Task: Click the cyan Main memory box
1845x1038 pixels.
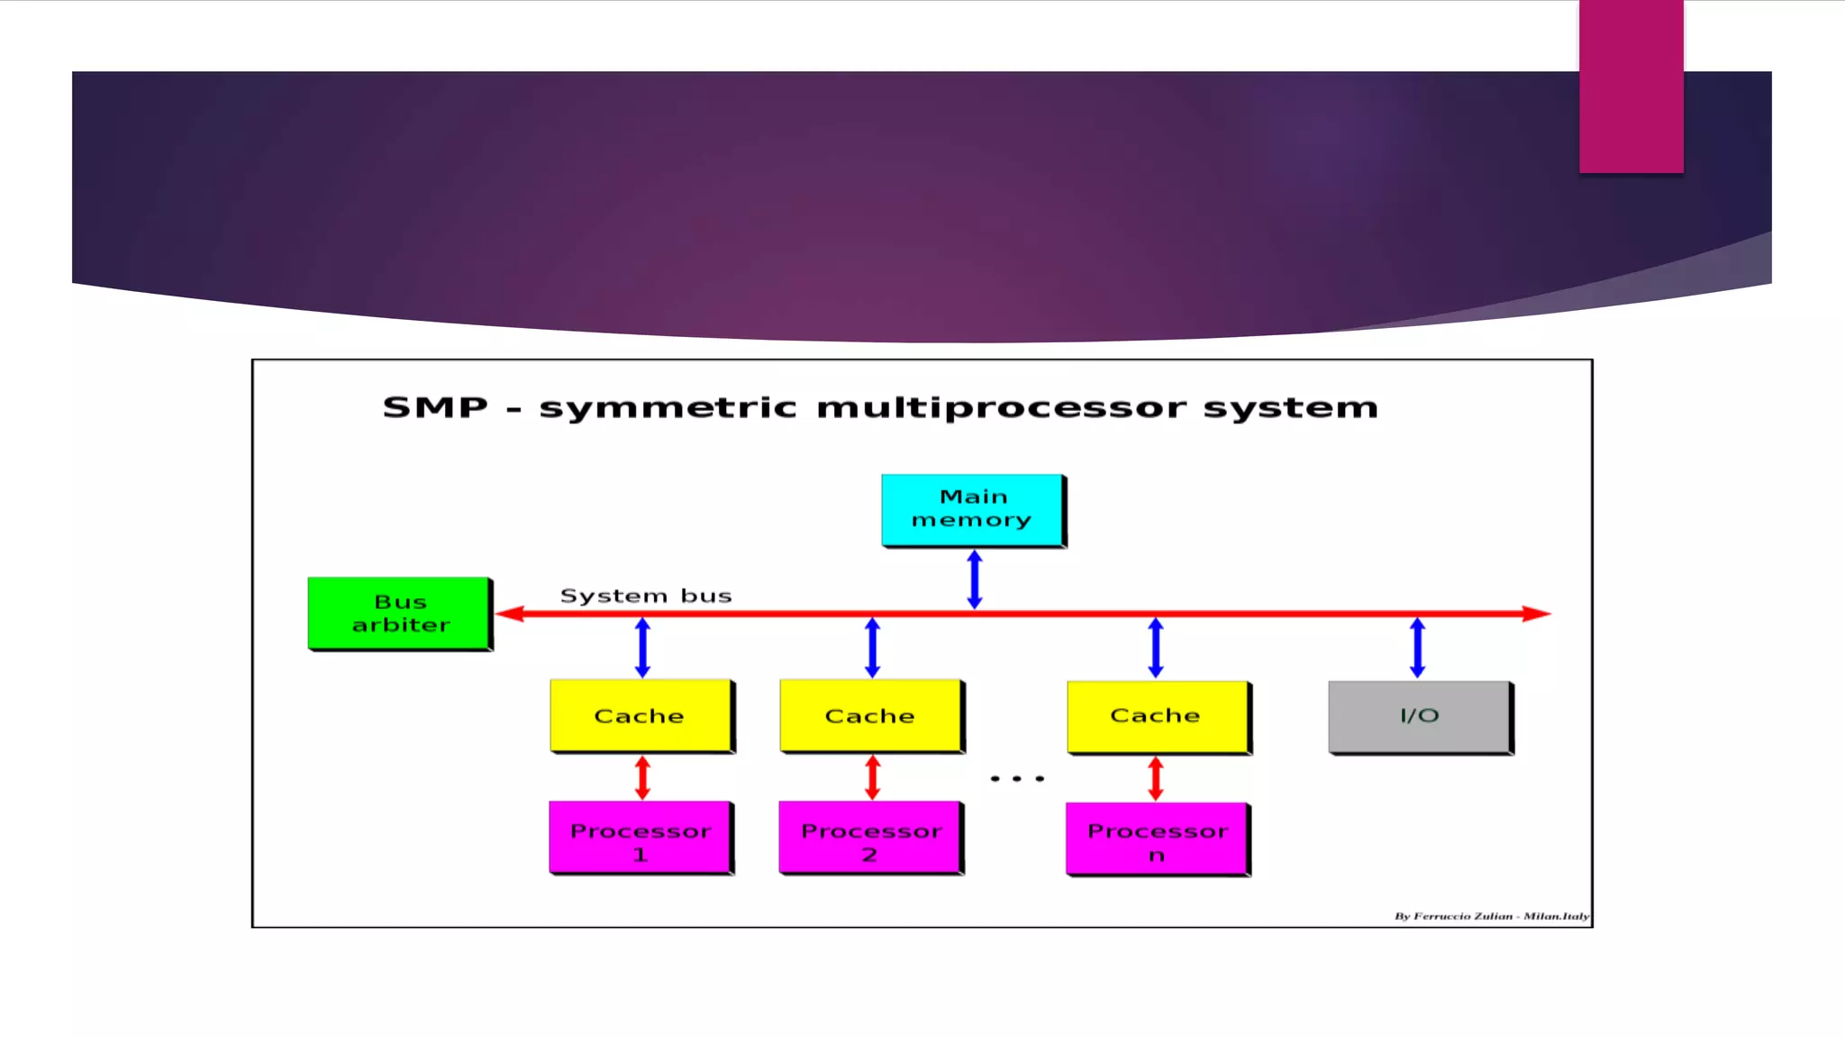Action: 972,509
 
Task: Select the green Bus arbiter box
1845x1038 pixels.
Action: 399,613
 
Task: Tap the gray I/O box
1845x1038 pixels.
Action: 1419,716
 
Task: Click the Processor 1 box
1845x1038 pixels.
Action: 641,837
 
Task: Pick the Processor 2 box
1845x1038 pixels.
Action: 870,837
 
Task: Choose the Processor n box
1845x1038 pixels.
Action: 1157,839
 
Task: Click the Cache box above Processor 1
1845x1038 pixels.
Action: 641,715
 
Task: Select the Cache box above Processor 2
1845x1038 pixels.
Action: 870,715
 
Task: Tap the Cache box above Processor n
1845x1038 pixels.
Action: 1157,716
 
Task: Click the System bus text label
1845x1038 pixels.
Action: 646,596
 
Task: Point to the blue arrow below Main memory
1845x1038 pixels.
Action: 975,579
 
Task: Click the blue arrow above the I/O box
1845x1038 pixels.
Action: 1417,647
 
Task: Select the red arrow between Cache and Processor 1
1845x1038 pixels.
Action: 642,778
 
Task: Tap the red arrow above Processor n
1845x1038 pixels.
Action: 1156,778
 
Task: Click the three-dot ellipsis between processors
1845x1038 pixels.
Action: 1017,778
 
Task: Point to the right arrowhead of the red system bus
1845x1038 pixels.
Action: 1537,614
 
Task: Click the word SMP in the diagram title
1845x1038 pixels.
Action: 435,407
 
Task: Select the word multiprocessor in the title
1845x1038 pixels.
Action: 1001,408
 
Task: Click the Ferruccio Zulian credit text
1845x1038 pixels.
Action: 1491,916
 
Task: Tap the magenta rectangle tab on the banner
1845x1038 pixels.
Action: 1631,86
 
